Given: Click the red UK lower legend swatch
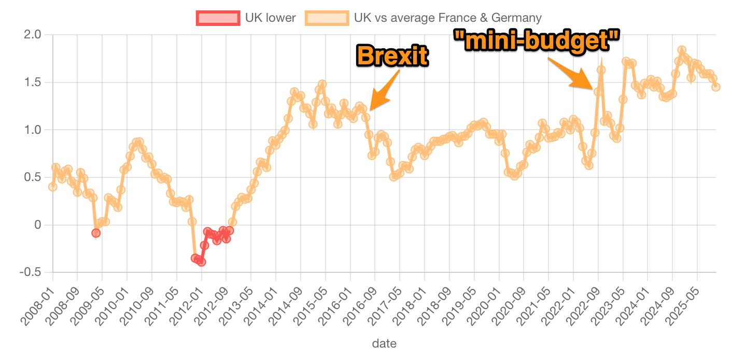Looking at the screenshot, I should point(217,18).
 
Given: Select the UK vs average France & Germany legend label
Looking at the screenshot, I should point(447,18).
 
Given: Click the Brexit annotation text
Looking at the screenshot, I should point(392,55).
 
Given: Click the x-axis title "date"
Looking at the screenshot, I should point(384,343).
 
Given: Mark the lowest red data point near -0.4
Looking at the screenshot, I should point(201,261).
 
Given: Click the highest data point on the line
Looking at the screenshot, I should point(682,50).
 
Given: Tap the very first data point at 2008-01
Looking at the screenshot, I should point(52,187).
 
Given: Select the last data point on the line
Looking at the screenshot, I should point(716,87).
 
